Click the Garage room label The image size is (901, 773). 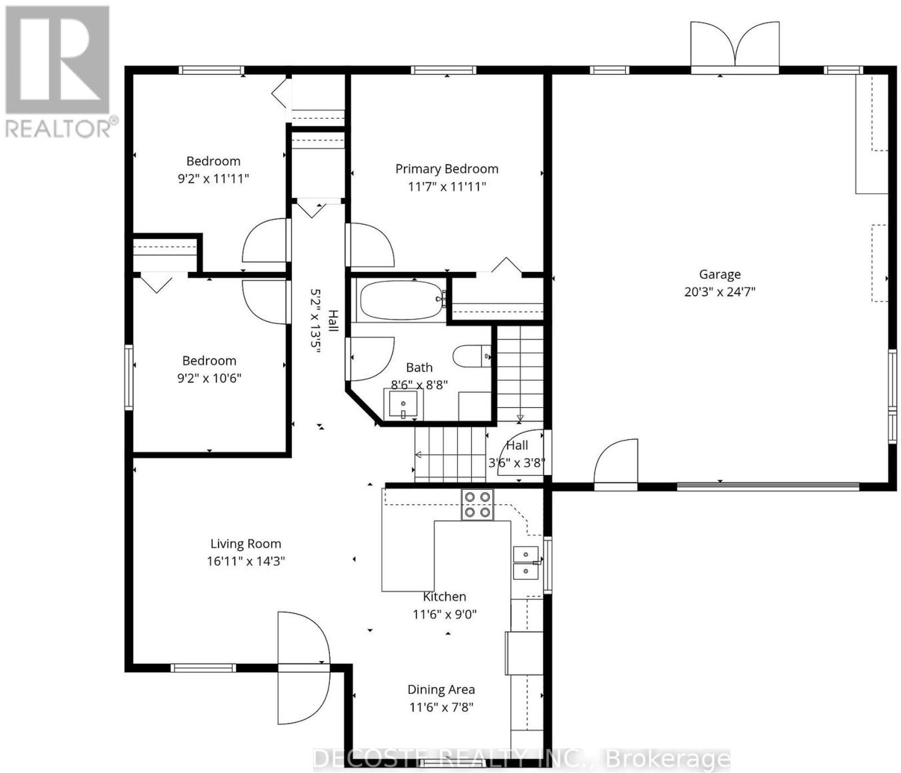[720, 274]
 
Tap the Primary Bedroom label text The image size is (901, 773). [447, 169]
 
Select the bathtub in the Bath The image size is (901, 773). [402, 300]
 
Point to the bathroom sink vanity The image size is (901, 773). [403, 404]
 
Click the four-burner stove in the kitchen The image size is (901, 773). [477, 504]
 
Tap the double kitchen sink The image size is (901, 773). [526, 562]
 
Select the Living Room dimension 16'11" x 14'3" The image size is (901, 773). [246, 561]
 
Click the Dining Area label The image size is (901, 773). [441, 689]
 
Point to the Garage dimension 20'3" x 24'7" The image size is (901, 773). [720, 292]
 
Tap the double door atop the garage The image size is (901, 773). [735, 47]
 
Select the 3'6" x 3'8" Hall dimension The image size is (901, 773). [516, 463]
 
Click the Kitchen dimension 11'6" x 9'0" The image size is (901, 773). [444, 614]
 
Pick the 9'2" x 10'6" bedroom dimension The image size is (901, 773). [209, 378]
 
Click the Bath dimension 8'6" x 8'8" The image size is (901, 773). [420, 385]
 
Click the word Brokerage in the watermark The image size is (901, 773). [667, 759]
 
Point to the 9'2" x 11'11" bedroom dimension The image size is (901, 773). [213, 178]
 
